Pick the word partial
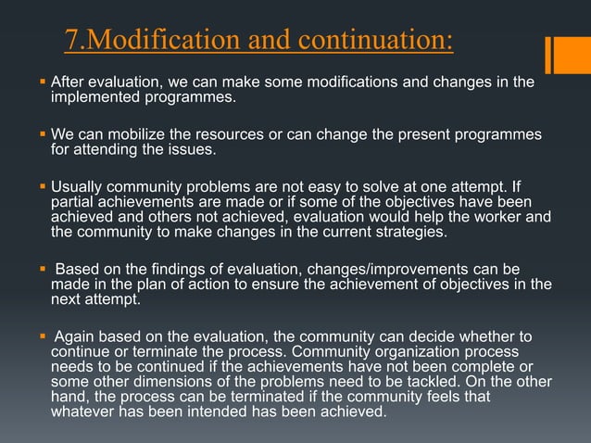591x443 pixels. tap(71, 201)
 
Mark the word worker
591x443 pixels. tap(494, 216)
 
